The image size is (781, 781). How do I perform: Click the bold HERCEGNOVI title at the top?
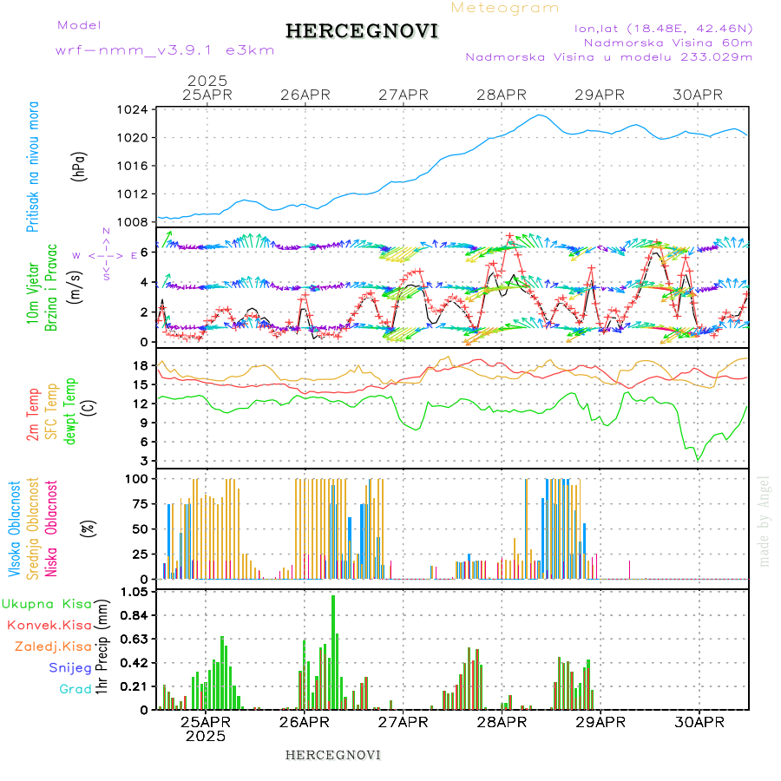[362, 31]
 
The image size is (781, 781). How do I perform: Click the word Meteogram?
[506, 8]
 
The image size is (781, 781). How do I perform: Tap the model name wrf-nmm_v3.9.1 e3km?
[165, 50]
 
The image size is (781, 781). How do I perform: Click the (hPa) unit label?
[78, 166]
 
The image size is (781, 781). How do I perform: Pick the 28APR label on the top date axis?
[502, 95]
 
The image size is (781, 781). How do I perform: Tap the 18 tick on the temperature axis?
[140, 365]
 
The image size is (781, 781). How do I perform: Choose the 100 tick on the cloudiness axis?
[135, 478]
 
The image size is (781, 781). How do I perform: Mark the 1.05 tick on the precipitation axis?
[134, 592]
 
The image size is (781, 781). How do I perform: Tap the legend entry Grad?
[75, 689]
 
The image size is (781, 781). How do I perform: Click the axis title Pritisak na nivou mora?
[33, 166]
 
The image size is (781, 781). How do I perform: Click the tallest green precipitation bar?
[333, 652]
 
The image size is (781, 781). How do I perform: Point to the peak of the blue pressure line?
[540, 115]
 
